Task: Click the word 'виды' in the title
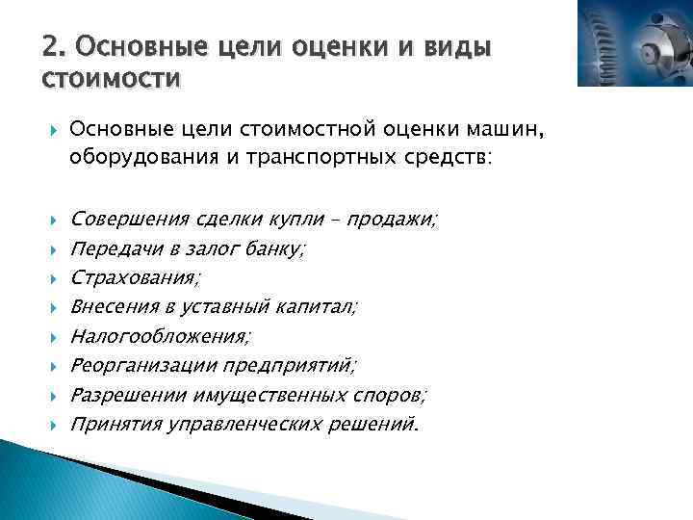(x=452, y=46)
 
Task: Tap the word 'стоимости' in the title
(x=110, y=76)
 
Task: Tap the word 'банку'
(x=277, y=249)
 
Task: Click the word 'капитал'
(x=314, y=307)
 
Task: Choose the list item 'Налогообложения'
(x=160, y=336)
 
